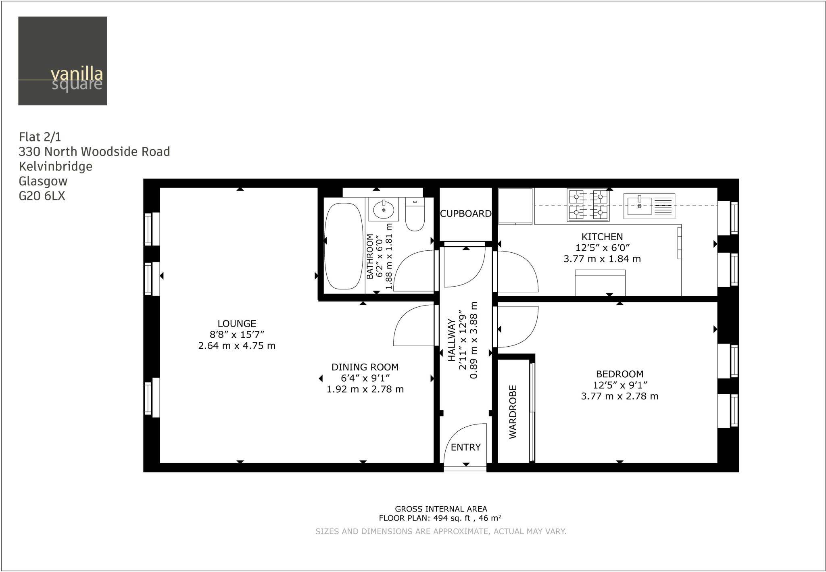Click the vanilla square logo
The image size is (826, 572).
(63, 61)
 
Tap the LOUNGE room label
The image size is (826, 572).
(237, 323)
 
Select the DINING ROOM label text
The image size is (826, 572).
(365, 367)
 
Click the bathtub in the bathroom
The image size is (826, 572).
(344, 246)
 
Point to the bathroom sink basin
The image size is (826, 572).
(384, 209)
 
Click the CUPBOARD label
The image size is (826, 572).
(466, 214)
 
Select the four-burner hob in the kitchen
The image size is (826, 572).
(588, 205)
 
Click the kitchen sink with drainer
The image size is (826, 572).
(649, 206)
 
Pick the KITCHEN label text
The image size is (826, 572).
(602, 237)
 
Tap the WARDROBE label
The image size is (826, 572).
(513, 412)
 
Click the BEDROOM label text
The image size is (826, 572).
(620, 374)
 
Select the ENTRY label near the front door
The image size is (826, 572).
(466, 447)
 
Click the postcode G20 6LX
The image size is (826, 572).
(42, 196)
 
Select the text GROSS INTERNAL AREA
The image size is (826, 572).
(441, 509)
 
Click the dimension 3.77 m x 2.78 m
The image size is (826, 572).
(619, 396)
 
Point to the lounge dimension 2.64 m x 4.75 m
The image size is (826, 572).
(237, 345)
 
